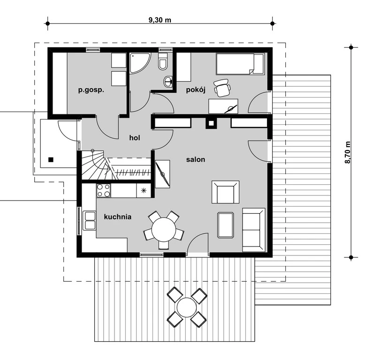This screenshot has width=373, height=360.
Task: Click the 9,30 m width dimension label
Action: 160,20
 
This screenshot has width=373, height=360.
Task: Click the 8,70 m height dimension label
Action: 348,152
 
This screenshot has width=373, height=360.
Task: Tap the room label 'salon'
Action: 196,159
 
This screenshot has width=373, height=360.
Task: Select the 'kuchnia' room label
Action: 117,217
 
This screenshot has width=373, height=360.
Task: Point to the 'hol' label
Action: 135,138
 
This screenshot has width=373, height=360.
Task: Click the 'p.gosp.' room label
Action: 91,90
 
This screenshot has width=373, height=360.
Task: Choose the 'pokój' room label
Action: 196,90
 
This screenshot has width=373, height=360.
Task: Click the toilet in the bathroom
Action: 163,61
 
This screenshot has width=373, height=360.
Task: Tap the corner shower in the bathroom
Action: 140,63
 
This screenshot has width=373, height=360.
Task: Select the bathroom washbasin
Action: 168,82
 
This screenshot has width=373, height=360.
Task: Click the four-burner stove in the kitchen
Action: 104,191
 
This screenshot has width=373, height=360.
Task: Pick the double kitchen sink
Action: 89,221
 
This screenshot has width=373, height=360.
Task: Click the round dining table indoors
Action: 164,230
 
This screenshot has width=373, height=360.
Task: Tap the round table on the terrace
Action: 187,307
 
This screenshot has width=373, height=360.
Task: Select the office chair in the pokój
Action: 222,88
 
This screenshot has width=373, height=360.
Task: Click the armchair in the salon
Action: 225,192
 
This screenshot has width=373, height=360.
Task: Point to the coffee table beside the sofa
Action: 225,225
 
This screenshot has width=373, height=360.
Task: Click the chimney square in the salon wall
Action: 211,123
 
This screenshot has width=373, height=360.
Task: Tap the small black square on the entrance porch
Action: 51,160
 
